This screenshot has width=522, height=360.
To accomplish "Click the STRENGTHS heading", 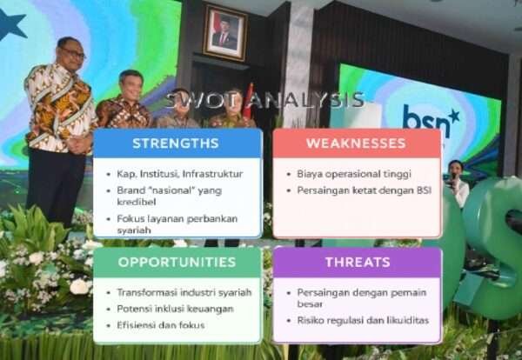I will (176, 143).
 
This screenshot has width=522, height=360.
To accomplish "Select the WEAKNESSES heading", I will (357, 143).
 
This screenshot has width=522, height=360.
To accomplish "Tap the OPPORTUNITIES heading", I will (177, 262).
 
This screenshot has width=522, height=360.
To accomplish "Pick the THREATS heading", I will (357, 262).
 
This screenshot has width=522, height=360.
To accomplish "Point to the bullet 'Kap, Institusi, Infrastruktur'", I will (179, 174).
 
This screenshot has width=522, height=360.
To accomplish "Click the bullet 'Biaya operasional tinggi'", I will (353, 174).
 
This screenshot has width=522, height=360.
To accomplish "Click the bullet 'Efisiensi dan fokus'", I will (161, 324).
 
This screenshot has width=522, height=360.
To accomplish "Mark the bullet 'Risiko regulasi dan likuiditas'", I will (363, 320).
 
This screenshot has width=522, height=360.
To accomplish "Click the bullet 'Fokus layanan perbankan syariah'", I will (177, 224).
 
